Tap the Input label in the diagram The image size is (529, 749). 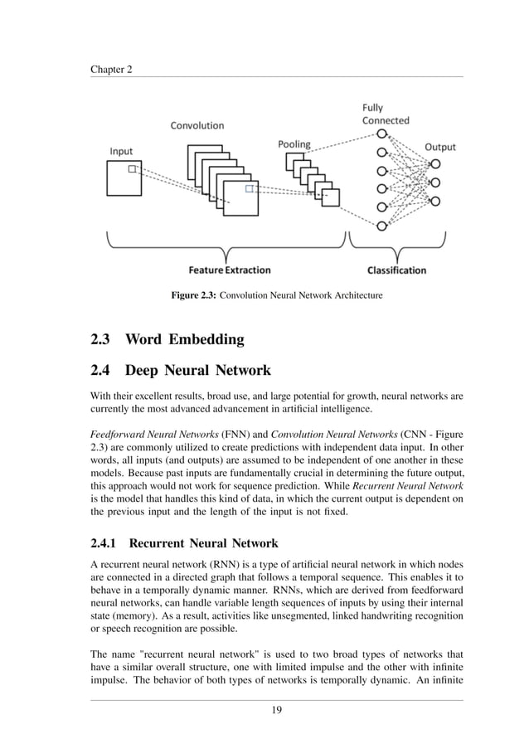(x=121, y=152)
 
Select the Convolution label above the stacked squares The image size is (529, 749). (x=197, y=126)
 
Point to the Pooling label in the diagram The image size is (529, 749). (x=294, y=144)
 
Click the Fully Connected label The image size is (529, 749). (x=386, y=114)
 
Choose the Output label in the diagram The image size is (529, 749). (x=439, y=148)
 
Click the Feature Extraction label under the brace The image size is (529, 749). (x=229, y=270)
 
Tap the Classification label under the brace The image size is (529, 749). (x=396, y=270)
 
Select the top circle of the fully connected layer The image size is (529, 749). (x=381, y=134)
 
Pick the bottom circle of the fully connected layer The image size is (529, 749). (x=381, y=226)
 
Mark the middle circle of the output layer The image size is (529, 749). (x=434, y=182)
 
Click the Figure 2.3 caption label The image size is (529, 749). (x=193, y=295)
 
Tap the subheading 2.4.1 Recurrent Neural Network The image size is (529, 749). (x=184, y=544)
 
